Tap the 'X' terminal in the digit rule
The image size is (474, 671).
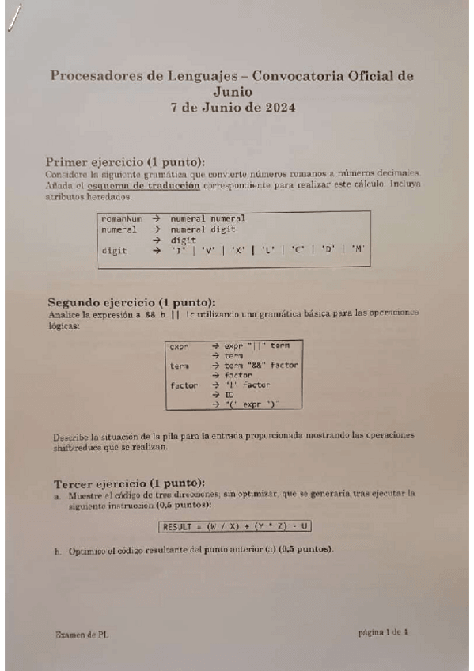click(240, 250)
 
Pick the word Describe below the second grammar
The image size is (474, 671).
click(73, 437)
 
